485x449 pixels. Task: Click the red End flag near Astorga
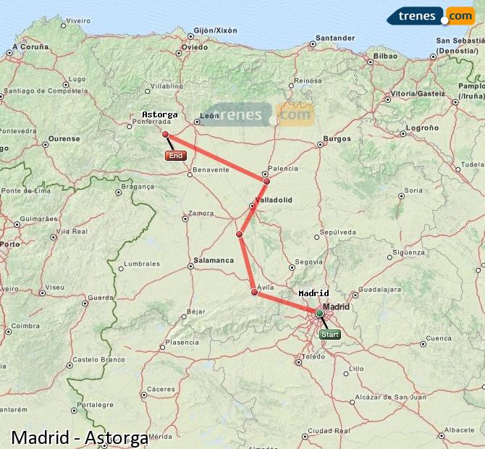pos(175,156)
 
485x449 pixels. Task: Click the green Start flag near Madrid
pos(329,335)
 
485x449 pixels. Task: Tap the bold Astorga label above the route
pos(159,114)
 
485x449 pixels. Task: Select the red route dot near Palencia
pos(266,181)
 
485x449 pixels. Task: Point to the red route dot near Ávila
pos(254,292)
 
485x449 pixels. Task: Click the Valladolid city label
pos(274,199)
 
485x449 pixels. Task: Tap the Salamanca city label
pos(214,260)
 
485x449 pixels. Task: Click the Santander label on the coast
pos(336,38)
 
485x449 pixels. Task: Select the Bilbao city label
pos(384,56)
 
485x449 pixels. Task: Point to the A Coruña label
pos(30,47)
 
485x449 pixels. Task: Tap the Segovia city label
pos(309,261)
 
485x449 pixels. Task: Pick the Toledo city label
pos(313,357)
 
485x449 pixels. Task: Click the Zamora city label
pos(201,214)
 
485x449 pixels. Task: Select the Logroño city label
pos(423,127)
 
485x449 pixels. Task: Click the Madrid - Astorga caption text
pos(80,437)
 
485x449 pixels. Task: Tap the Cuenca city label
pos(439,338)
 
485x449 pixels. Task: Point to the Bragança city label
pos(138,186)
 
